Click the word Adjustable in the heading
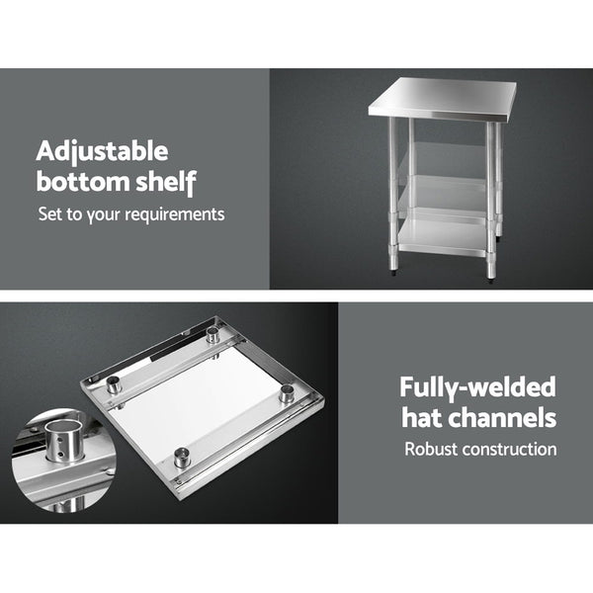102,152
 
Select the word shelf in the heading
168,182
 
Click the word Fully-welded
477,387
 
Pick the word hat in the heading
421,417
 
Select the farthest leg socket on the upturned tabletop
212,336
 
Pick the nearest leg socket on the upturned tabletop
182,456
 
